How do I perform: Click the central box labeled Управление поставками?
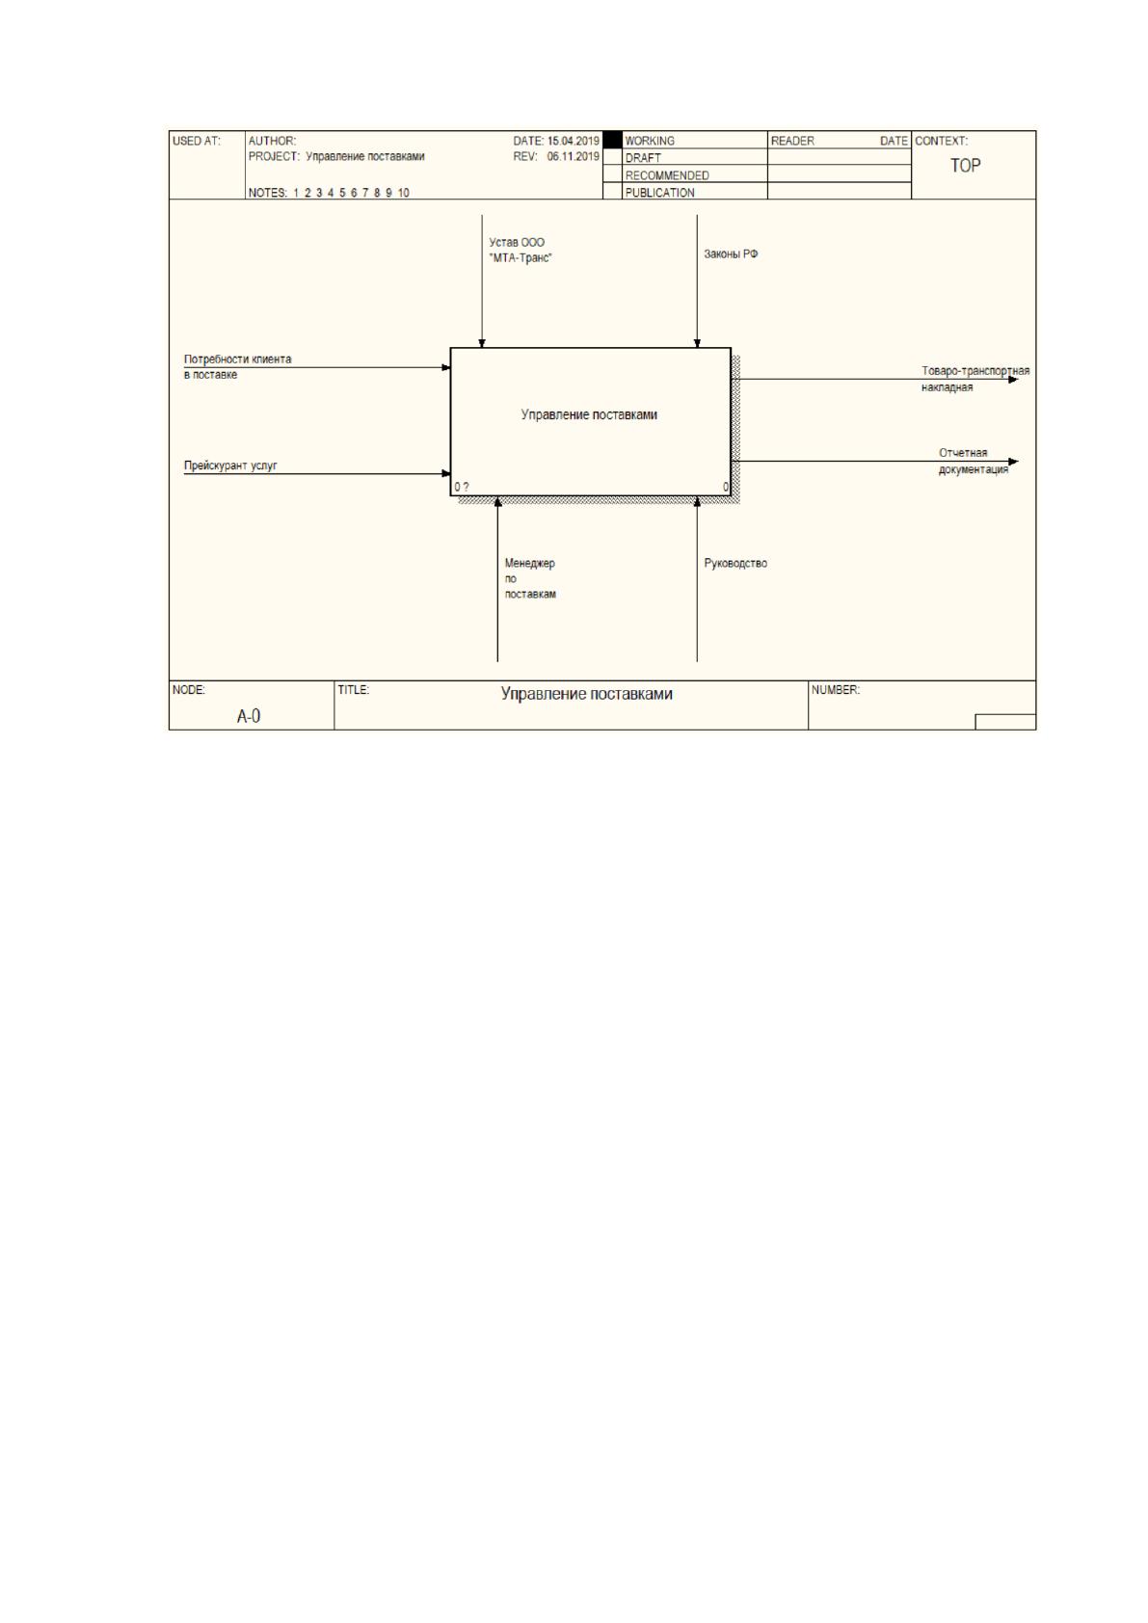click(x=590, y=422)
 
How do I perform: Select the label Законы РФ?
click(x=731, y=253)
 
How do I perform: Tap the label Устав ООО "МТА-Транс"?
click(x=520, y=250)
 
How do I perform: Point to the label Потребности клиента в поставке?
click(x=237, y=366)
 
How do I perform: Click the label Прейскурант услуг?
click(x=229, y=466)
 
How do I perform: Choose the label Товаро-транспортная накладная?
click(x=974, y=379)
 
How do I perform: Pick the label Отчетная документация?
click(x=973, y=461)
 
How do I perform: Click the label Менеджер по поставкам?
click(x=530, y=578)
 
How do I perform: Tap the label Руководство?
click(x=734, y=563)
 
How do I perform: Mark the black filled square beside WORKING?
click(x=612, y=140)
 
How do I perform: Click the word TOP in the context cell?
click(x=966, y=166)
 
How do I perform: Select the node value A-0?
click(x=249, y=716)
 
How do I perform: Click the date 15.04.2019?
click(x=574, y=141)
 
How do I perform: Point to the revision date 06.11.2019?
click(x=574, y=156)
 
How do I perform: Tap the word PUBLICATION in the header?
click(x=659, y=193)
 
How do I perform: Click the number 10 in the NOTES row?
click(x=403, y=193)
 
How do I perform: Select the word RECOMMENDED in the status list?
click(x=667, y=175)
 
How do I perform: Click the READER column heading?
click(x=792, y=141)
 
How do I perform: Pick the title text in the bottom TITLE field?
click(x=586, y=693)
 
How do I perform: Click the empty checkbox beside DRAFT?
click(x=612, y=156)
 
